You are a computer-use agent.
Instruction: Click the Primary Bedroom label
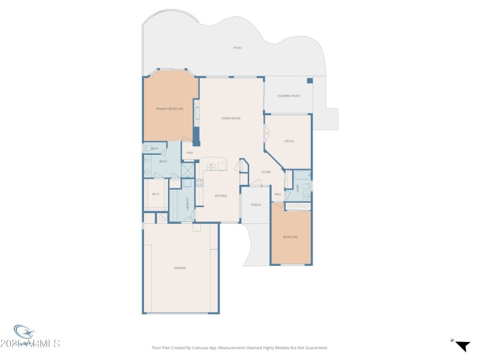coord(169,109)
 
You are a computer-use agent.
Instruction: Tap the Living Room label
coord(231,118)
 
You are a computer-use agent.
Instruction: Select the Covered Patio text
coord(288,96)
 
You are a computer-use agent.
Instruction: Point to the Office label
coord(289,141)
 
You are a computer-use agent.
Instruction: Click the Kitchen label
coord(221,196)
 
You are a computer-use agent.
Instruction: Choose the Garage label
coord(180,268)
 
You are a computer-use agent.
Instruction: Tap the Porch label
coord(256,205)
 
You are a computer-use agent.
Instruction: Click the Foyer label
coord(266,172)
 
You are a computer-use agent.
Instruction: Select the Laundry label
coord(188,203)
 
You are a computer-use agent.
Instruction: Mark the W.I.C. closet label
coord(155,194)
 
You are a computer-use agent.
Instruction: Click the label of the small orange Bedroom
coord(290,237)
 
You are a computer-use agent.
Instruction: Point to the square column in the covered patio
coord(310,80)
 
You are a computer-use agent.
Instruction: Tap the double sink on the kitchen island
coord(211,166)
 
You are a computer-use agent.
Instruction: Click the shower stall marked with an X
coord(187,184)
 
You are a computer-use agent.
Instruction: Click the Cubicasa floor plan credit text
coord(240,347)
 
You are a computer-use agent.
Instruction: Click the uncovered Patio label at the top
coord(238,47)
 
